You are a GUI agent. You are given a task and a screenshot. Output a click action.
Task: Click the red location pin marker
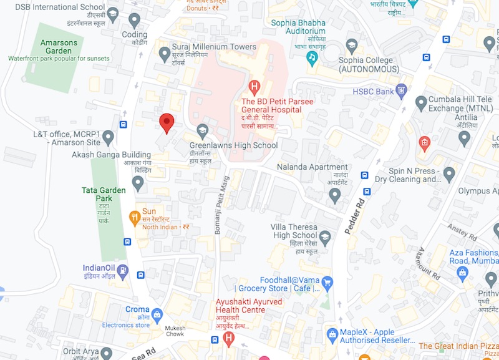coord(166,123)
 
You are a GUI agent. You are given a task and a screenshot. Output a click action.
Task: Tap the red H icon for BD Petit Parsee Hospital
coord(254,85)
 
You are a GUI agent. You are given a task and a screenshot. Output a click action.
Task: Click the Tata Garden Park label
coord(104,194)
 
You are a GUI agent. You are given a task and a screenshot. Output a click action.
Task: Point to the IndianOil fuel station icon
coord(123,271)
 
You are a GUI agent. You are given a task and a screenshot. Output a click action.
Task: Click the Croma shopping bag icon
coord(157,313)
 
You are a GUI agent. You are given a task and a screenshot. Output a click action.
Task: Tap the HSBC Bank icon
coord(402,91)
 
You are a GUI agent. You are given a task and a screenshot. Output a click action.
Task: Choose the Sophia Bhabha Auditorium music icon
coord(312,57)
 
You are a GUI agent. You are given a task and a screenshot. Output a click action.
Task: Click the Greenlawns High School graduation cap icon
coord(202,132)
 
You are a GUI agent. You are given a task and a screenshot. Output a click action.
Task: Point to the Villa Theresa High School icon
coord(324,236)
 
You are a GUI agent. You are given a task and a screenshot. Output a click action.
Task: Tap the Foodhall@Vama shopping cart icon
coord(327,283)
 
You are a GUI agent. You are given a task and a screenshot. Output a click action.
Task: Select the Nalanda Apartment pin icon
coord(335,196)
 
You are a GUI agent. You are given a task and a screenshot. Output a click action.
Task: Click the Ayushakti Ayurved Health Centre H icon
coord(229,339)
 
